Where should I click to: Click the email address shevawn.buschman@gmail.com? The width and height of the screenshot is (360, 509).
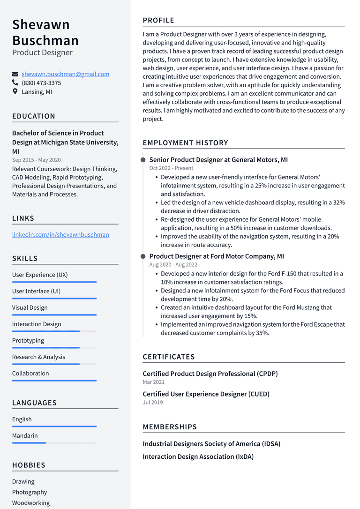pos(65,74)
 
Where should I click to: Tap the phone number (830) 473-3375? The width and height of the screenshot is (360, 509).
pos(41,83)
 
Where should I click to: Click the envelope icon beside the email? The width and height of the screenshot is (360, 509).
pos(15,74)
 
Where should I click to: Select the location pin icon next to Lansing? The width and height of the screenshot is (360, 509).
pos(15,92)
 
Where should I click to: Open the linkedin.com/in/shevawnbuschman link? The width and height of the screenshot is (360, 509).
pos(60,234)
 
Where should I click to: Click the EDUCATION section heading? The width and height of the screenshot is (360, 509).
pos(34,116)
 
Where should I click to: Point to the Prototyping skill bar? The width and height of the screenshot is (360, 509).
pos(54,348)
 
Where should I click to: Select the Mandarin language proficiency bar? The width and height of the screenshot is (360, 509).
pos(54,443)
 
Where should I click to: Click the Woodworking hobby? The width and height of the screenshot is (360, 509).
pos(31,503)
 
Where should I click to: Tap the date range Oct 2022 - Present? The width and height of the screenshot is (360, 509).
pos(171,168)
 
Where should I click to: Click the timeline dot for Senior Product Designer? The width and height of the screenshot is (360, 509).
pos(143,160)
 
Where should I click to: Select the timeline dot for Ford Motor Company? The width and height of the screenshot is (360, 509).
pos(143,257)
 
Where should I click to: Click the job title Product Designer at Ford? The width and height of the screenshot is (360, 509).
pos(217,256)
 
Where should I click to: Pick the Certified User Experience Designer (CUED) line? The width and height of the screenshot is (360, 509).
pos(206,394)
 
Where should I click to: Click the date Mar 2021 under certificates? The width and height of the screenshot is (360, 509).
pos(154,382)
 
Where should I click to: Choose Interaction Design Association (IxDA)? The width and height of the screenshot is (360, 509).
pos(198,457)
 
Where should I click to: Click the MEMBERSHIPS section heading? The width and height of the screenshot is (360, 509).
pos(170,427)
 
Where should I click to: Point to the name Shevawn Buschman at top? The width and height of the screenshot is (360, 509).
pos(45,32)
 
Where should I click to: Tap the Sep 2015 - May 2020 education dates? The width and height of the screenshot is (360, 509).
pos(37,160)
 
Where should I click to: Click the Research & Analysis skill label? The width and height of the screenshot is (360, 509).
pos(38,357)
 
